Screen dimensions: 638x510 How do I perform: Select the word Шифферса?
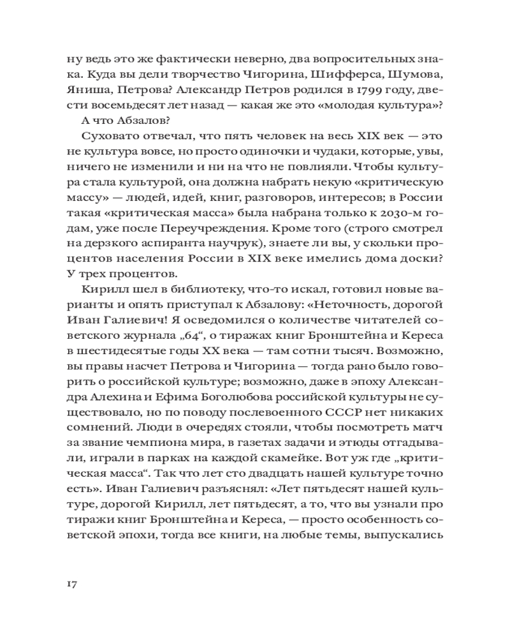coord(351,87)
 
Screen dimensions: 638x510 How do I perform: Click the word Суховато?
coord(109,156)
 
